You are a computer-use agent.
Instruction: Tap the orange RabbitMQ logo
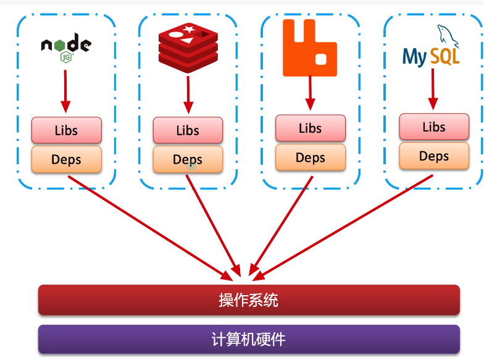click(x=310, y=48)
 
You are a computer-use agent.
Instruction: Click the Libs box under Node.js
click(x=66, y=130)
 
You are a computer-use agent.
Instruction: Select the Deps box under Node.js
click(x=66, y=159)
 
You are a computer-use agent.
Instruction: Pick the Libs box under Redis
click(x=188, y=130)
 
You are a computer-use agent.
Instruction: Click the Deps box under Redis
click(x=188, y=159)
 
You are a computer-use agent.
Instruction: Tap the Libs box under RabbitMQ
click(x=310, y=128)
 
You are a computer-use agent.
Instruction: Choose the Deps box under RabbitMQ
click(x=310, y=157)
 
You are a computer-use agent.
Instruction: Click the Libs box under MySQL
click(x=433, y=127)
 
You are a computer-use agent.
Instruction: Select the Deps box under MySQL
click(x=433, y=156)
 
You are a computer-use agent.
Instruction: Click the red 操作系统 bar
click(x=249, y=300)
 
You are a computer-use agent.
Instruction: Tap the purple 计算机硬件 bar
click(x=249, y=339)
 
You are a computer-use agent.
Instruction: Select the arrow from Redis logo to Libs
click(x=188, y=94)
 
